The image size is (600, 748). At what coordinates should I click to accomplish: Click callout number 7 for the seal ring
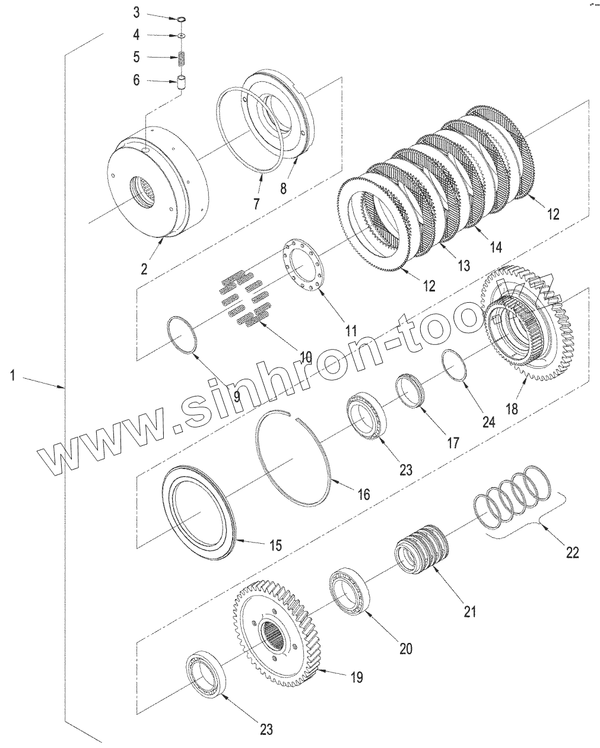tap(256, 204)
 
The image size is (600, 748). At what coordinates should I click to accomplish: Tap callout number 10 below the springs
tap(306, 357)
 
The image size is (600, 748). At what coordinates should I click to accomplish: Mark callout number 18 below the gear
tap(512, 409)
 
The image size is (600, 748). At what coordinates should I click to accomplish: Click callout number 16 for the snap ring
tap(363, 493)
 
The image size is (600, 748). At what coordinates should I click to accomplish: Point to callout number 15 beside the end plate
tap(275, 544)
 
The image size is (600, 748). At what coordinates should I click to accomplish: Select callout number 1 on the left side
tap(13, 376)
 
